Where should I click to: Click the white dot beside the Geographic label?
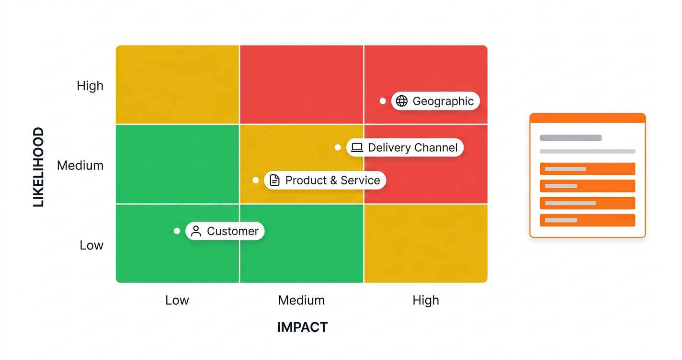pos(383,101)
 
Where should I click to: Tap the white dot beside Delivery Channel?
pos(338,147)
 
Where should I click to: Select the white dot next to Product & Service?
pos(256,180)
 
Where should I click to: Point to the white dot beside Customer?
pos(177,231)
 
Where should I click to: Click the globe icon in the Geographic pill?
pos(402,101)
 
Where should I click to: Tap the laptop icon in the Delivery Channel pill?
pos(357,147)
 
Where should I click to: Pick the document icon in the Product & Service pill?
pos(274,180)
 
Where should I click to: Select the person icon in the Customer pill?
pos(196,231)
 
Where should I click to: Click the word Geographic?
pos(443,101)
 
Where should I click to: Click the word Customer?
pos(233,231)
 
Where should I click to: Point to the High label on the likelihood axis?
pos(90,86)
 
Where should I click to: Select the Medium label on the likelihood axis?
pos(80,166)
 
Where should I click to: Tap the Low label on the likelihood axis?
pos(91,245)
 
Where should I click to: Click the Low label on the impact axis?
pos(177,300)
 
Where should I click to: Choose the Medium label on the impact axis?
pos(301,300)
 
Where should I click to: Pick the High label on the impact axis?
pos(426,301)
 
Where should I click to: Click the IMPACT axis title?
pos(303,327)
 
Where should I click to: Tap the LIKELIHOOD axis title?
pos(39,167)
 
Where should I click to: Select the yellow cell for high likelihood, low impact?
pos(178,84)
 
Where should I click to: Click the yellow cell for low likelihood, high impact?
pos(426,244)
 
